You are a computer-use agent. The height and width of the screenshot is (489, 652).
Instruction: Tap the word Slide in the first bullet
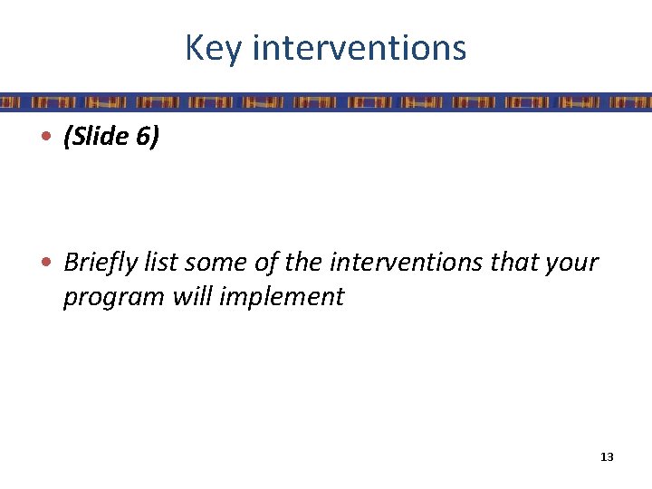(103, 139)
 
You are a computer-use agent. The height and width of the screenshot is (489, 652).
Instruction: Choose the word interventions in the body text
(405, 263)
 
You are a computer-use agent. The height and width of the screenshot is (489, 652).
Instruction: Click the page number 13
(607, 457)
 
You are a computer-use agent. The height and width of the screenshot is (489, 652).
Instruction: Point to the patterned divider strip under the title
(326, 101)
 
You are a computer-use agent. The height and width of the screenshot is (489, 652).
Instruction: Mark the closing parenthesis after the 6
(156, 139)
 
